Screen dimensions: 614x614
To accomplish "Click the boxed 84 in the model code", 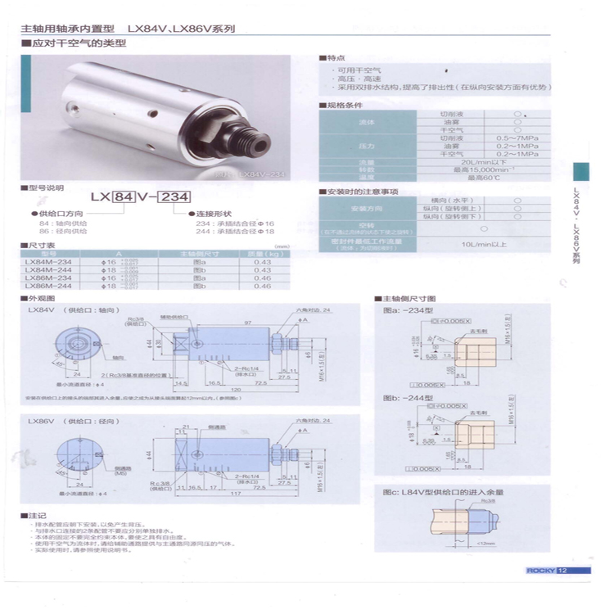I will [123, 197].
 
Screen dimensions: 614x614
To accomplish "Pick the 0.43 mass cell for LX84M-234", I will [262, 261].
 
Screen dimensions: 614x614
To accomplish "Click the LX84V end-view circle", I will [81, 344].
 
